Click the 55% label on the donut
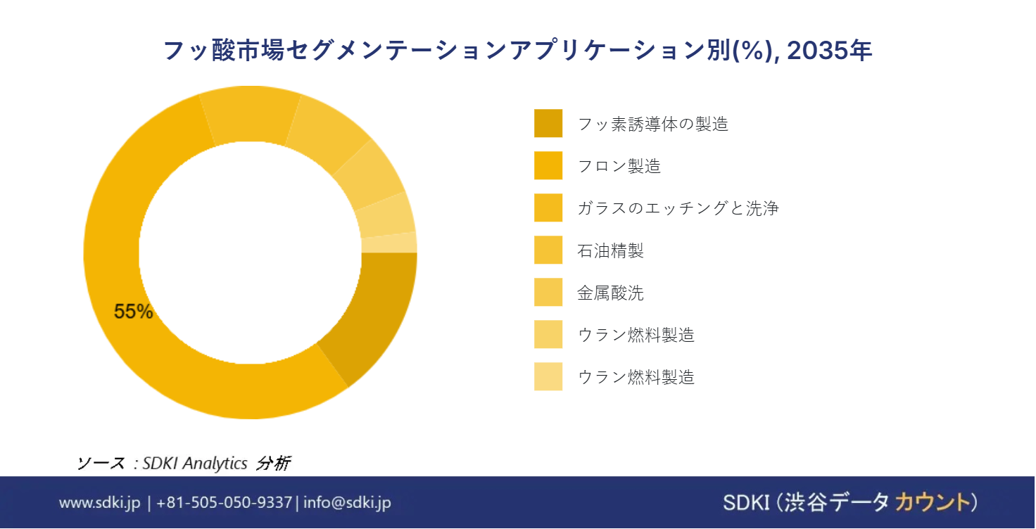click(133, 312)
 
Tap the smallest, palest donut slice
click(388, 242)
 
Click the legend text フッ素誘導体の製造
click(652, 124)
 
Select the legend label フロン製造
click(619, 166)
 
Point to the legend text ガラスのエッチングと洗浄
click(678, 208)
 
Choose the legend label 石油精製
click(610, 250)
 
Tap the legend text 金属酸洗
click(610, 293)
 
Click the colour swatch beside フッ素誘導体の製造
click(548, 123)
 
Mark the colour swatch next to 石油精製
click(548, 250)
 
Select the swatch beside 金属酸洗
click(548, 292)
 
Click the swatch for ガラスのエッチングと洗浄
click(548, 208)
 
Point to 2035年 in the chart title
click(830, 51)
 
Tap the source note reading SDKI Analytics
click(195, 463)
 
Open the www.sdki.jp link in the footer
click(100, 502)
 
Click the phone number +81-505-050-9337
click(224, 502)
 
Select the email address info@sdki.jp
click(346, 502)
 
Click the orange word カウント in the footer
click(930, 502)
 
